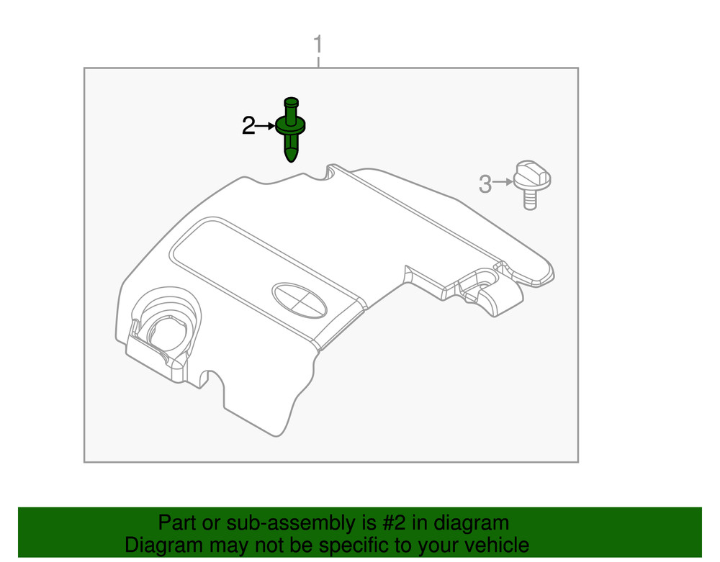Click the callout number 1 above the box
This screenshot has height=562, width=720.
318,45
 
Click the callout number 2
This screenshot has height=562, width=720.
248,126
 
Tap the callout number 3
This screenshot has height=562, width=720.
485,184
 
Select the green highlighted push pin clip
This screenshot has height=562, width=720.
290,130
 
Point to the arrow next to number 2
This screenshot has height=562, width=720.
265,126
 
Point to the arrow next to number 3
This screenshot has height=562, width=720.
503,182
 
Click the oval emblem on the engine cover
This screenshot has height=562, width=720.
299,300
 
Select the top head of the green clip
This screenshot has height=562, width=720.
291,101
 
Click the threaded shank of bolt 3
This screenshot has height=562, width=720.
531,200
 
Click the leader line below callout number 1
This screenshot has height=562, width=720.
318,62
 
